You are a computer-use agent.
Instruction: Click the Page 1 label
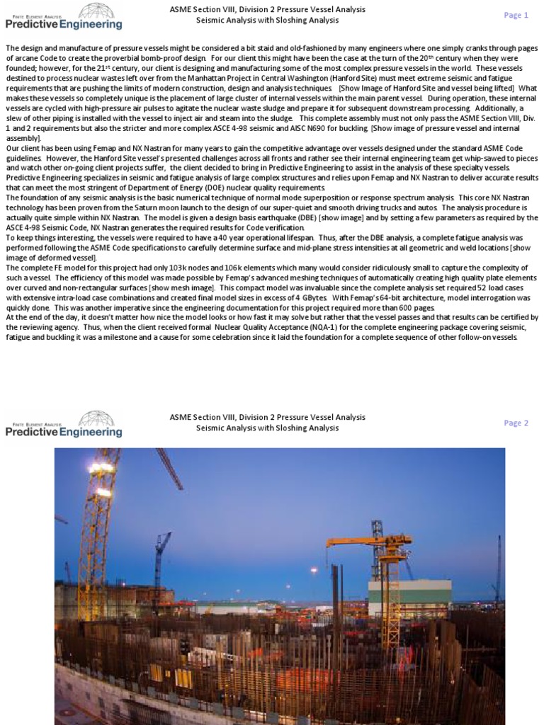tap(516, 15)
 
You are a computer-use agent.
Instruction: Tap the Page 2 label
tap(516, 423)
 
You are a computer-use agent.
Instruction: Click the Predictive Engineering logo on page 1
tap(64, 16)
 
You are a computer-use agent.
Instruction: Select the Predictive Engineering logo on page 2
tap(64, 424)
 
